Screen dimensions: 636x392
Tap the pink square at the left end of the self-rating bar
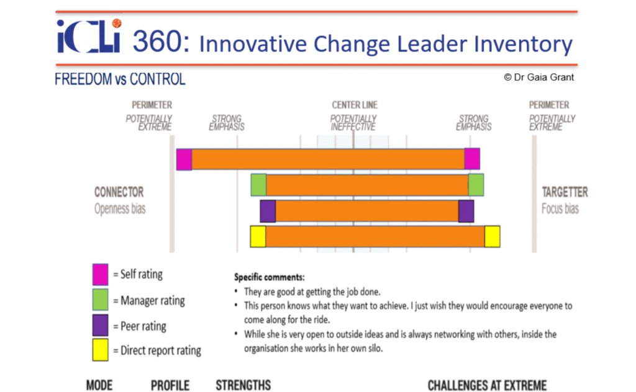tap(184, 159)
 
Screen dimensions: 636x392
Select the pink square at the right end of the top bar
tap(472, 159)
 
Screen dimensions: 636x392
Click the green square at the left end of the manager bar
tap(259, 185)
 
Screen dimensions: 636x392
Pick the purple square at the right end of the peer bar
tap(466, 211)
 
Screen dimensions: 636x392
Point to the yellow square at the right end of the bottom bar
tap(493, 236)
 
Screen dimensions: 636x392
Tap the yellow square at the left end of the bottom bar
tap(258, 236)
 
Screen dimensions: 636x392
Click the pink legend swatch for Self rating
tap(100, 275)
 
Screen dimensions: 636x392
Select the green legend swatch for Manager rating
tap(100, 300)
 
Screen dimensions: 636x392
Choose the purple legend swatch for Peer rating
tap(100, 325)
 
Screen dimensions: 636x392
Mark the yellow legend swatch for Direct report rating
tap(100, 350)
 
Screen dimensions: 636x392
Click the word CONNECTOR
tap(119, 192)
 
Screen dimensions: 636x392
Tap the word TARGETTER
tap(565, 192)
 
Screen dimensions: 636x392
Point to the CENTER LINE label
tap(355, 105)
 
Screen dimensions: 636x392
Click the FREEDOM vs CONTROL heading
tap(120, 79)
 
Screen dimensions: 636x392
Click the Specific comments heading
tap(270, 277)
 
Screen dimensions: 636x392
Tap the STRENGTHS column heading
tap(243, 385)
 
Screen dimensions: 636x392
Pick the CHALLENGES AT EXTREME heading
tap(487, 385)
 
